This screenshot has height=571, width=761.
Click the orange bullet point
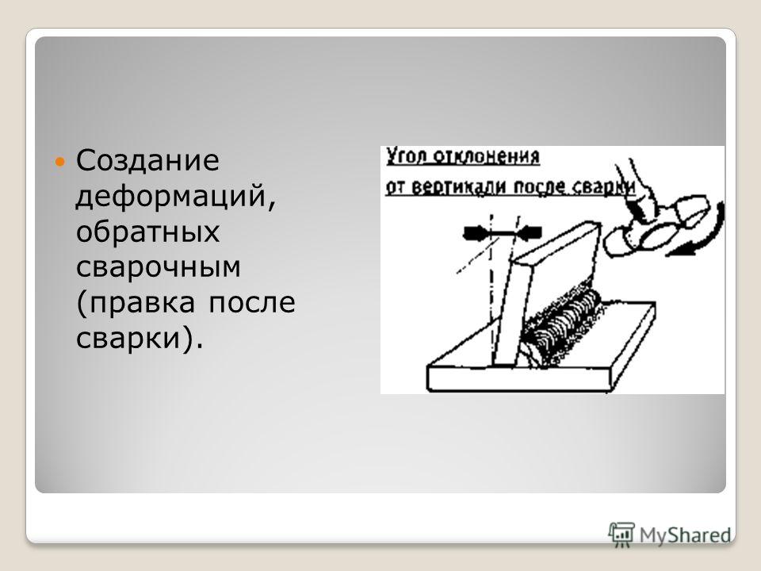click(59, 162)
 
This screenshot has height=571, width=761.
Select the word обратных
click(148, 232)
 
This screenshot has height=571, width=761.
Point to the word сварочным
click(159, 266)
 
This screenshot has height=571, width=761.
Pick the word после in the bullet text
click(252, 302)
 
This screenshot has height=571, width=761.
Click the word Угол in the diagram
click(406, 157)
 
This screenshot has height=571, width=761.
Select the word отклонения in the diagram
click(486, 157)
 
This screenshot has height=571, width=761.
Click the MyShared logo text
click(685, 535)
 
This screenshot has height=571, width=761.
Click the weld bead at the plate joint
click(563, 324)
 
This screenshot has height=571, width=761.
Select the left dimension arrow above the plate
click(477, 233)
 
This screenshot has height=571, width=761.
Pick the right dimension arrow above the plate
click(529, 233)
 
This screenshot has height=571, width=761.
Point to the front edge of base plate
click(518, 379)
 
